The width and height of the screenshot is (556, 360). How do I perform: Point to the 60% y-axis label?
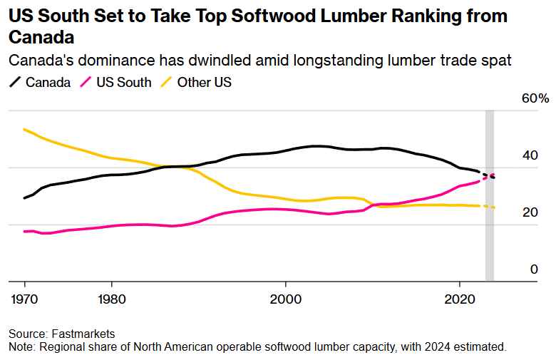(x=534, y=99)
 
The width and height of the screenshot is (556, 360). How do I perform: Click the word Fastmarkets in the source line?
(x=83, y=334)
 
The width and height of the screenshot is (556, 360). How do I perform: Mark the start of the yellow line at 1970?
(x=24, y=129)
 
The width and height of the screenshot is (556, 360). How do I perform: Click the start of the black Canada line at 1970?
(x=24, y=197)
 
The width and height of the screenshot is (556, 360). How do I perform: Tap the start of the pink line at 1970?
(x=24, y=231)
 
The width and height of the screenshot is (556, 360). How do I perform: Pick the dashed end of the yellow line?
(x=489, y=206)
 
